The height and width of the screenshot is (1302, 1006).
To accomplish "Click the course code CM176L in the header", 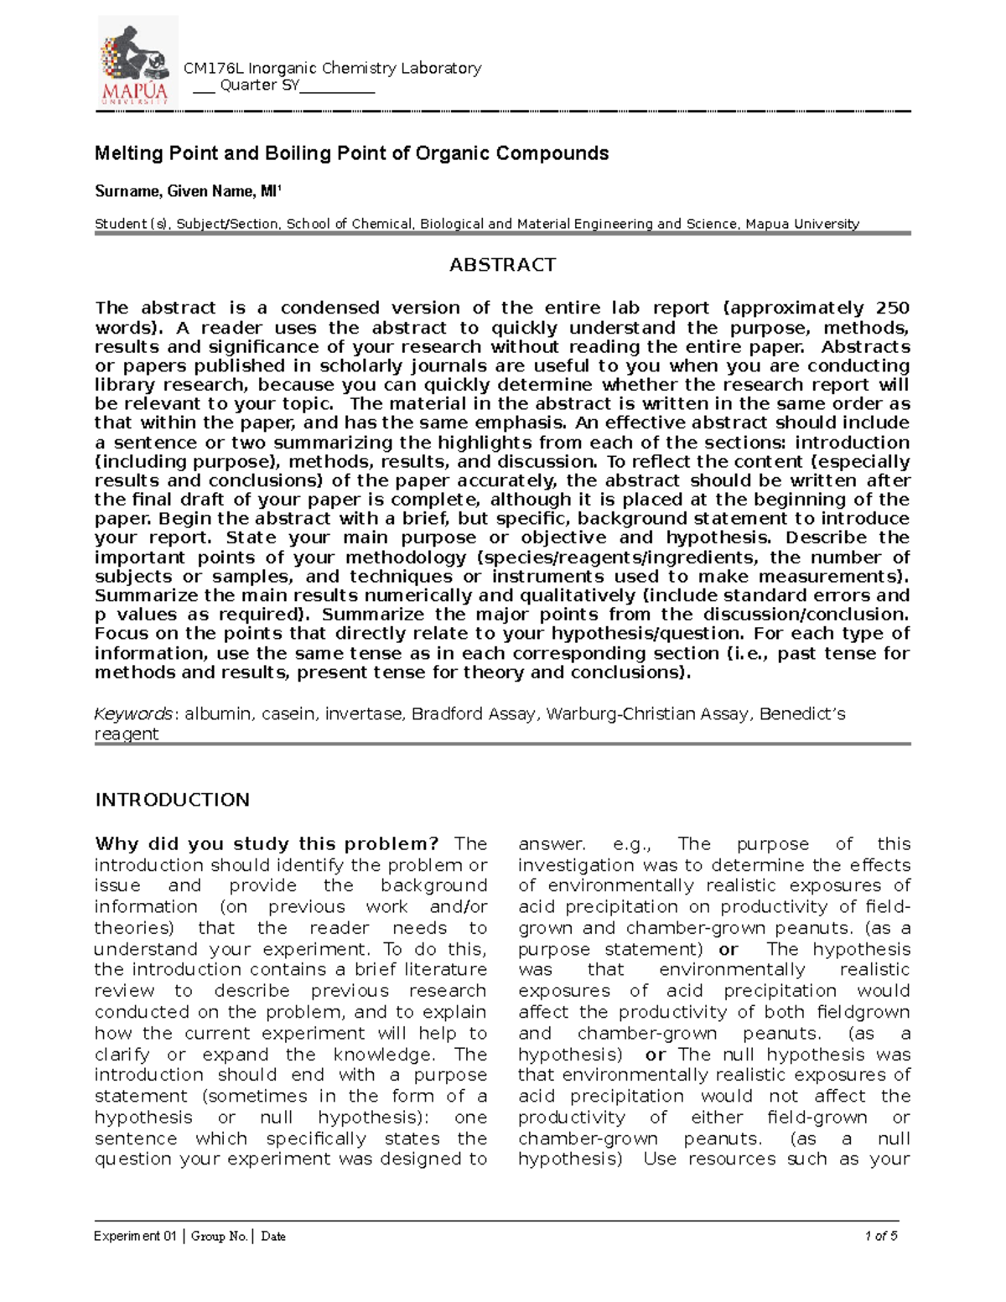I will (210, 68).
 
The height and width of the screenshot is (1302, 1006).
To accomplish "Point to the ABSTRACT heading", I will (502, 265).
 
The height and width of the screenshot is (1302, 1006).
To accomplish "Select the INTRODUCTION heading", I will (172, 799).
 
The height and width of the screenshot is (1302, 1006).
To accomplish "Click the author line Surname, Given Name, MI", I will (188, 192).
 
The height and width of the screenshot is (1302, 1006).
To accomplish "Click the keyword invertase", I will (363, 714).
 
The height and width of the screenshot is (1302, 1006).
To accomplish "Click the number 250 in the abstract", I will (892, 308).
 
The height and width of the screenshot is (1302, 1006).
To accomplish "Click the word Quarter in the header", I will (247, 86).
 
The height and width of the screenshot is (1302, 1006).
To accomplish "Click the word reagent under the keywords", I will (127, 734).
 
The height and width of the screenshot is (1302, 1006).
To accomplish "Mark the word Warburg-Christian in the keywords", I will (651, 714).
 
